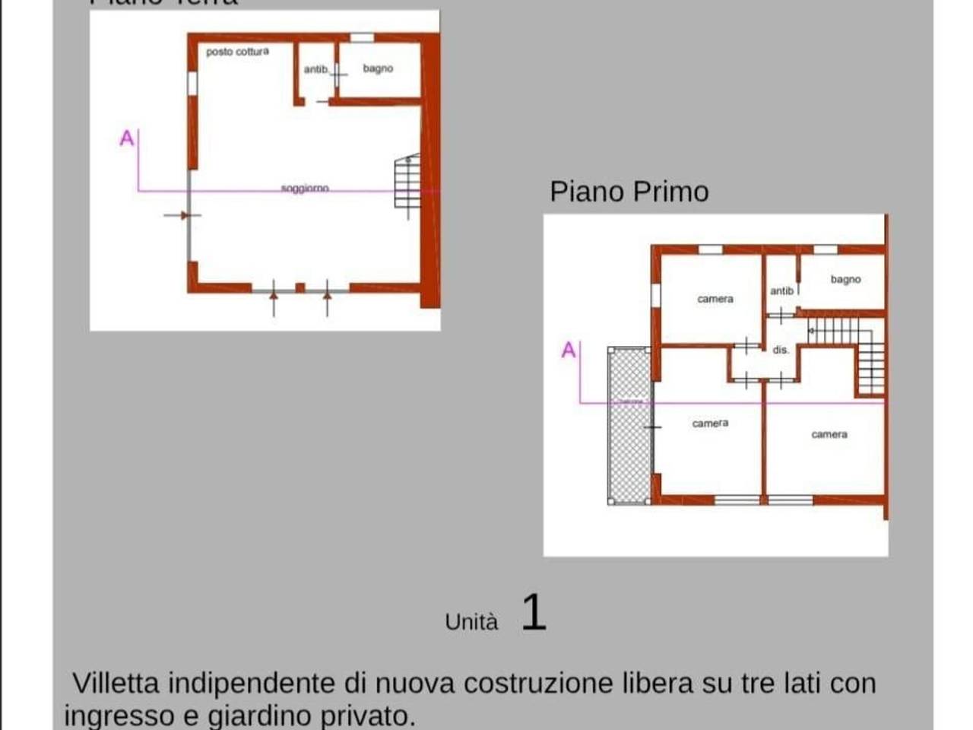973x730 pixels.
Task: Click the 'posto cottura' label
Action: coord(237,52)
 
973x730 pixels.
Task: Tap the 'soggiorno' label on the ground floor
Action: coord(305,188)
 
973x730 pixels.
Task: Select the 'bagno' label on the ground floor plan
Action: coord(378,68)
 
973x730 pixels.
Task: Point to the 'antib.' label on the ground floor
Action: coord(316,69)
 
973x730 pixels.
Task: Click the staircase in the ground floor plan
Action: coord(408,182)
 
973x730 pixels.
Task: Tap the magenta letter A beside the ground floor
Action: coord(127,138)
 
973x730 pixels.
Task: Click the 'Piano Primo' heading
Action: coord(629,192)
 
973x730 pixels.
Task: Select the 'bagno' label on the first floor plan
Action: coord(845,279)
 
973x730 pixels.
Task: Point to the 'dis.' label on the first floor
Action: coord(780,350)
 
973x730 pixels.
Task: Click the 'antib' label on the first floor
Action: coord(781,290)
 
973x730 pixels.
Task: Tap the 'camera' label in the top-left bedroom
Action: coord(715,299)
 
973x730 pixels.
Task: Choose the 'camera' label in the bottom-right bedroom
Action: coord(829,434)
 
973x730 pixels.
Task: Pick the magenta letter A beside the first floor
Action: coord(568,351)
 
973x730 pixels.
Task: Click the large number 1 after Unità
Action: coord(534,612)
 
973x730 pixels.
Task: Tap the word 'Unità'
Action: coord(471,622)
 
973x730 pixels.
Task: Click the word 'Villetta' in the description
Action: coord(116,683)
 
